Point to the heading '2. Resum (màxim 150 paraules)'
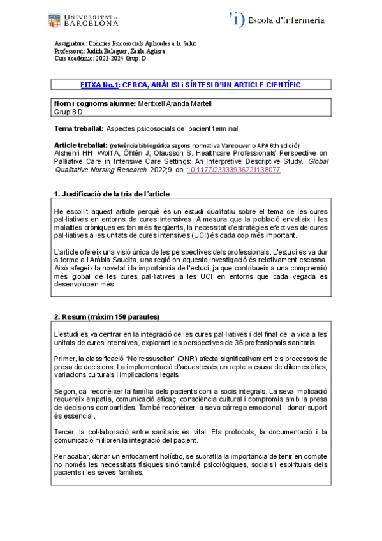tap(107, 317)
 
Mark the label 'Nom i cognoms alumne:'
tap(96, 103)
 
